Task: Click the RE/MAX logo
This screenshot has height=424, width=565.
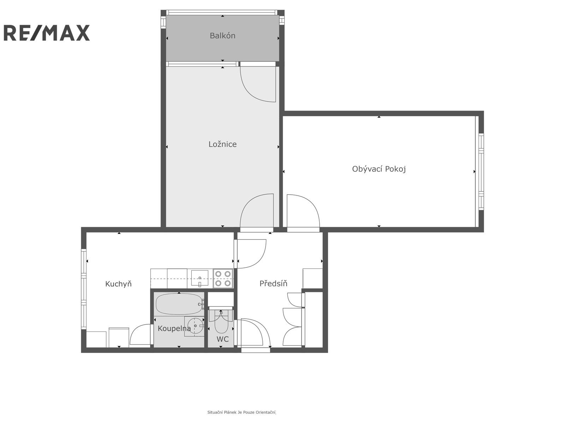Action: (47, 33)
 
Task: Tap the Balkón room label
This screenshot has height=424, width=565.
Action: (222, 36)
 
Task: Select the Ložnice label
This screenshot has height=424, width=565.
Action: (222, 144)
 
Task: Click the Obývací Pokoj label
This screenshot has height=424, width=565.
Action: (379, 169)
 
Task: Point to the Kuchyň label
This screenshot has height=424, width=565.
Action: (118, 284)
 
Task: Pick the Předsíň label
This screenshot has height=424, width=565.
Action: (273, 283)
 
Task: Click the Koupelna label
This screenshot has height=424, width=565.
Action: (174, 329)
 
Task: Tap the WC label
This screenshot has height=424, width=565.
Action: (222, 339)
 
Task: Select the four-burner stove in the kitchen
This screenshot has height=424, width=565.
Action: (223, 278)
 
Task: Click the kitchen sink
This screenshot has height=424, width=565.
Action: (200, 278)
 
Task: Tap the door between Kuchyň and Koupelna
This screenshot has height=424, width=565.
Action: (141, 336)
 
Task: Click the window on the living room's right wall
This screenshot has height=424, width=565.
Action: (481, 172)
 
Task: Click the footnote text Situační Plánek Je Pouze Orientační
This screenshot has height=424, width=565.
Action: (242, 412)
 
